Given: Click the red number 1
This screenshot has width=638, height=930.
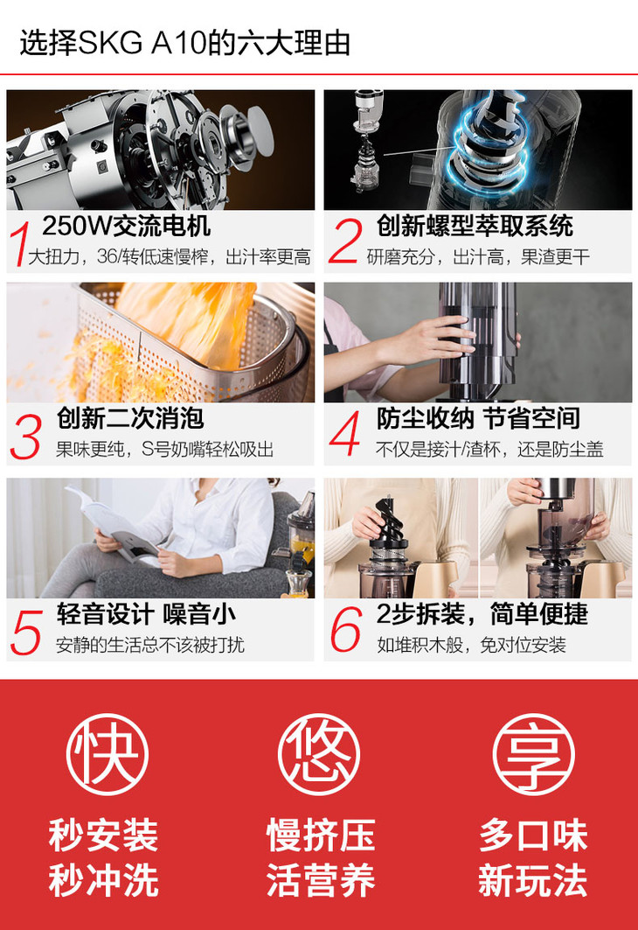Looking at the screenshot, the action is (21, 244).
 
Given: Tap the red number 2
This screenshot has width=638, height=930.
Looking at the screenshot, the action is (345, 241).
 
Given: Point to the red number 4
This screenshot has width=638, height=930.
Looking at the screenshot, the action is (344, 433).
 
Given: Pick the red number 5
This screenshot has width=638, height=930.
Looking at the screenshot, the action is (26, 633).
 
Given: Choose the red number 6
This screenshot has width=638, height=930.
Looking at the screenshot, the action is (345, 629).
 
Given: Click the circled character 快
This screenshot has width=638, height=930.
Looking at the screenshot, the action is (107, 754).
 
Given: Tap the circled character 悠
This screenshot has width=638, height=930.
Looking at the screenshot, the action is (319, 754).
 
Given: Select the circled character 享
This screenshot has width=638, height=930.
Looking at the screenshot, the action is (533, 754).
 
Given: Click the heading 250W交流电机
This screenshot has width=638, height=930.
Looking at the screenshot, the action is (126, 226).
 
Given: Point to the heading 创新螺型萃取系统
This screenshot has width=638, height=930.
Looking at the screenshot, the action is (475, 226).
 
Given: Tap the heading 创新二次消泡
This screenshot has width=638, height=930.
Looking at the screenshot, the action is (130, 418).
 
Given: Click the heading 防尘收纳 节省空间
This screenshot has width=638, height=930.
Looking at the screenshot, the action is (478, 418).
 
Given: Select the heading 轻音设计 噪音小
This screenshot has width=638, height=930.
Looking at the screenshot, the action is (146, 614).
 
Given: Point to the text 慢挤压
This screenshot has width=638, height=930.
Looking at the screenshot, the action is (321, 836).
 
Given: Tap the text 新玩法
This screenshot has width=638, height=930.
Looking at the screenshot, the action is (532, 880).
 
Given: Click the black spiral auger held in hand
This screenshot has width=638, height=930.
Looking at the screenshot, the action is (389, 518).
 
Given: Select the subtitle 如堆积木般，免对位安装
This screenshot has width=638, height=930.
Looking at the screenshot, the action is (472, 645).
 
